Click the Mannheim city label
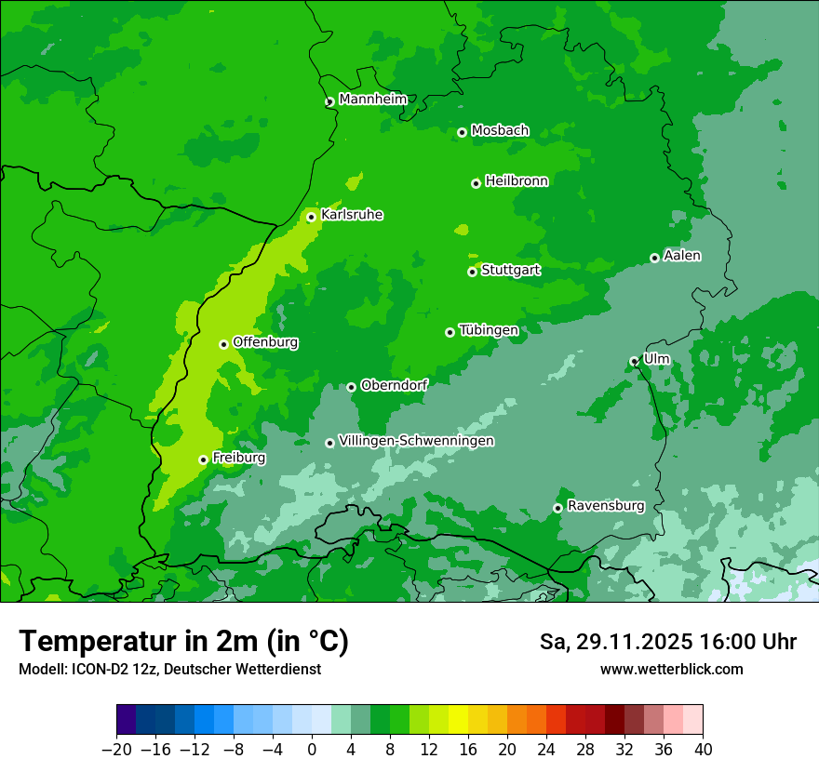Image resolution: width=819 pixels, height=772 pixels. (373, 99)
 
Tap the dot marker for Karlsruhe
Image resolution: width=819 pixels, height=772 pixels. (311, 217)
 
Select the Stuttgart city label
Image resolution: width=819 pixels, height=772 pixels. (510, 270)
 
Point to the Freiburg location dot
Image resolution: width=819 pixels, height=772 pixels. (203, 459)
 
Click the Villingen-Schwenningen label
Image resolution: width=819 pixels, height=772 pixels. (416, 440)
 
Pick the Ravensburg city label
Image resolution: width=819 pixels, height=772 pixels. (605, 505)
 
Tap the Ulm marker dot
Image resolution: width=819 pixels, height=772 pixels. (634, 361)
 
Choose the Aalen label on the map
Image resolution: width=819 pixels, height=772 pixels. (681, 255)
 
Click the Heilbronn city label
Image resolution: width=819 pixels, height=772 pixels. (517, 180)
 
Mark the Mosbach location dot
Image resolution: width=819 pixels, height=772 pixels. (462, 132)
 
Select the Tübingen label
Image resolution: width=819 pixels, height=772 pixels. (489, 329)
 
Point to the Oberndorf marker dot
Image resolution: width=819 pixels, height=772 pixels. (351, 387)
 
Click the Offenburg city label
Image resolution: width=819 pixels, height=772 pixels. (265, 341)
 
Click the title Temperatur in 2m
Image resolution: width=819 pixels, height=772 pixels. (183, 641)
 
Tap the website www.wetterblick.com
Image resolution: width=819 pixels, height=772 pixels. (671, 669)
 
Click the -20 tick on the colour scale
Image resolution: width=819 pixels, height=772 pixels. (116, 750)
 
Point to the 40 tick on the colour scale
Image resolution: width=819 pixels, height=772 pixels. (703, 750)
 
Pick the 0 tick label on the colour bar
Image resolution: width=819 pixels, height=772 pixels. (312, 750)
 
